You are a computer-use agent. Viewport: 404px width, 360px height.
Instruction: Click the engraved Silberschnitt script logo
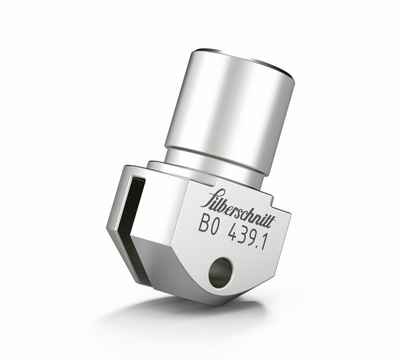tap(238, 209)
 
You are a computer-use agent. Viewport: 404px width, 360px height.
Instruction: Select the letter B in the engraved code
tap(203, 223)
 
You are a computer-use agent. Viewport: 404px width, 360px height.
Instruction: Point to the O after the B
tap(214, 227)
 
